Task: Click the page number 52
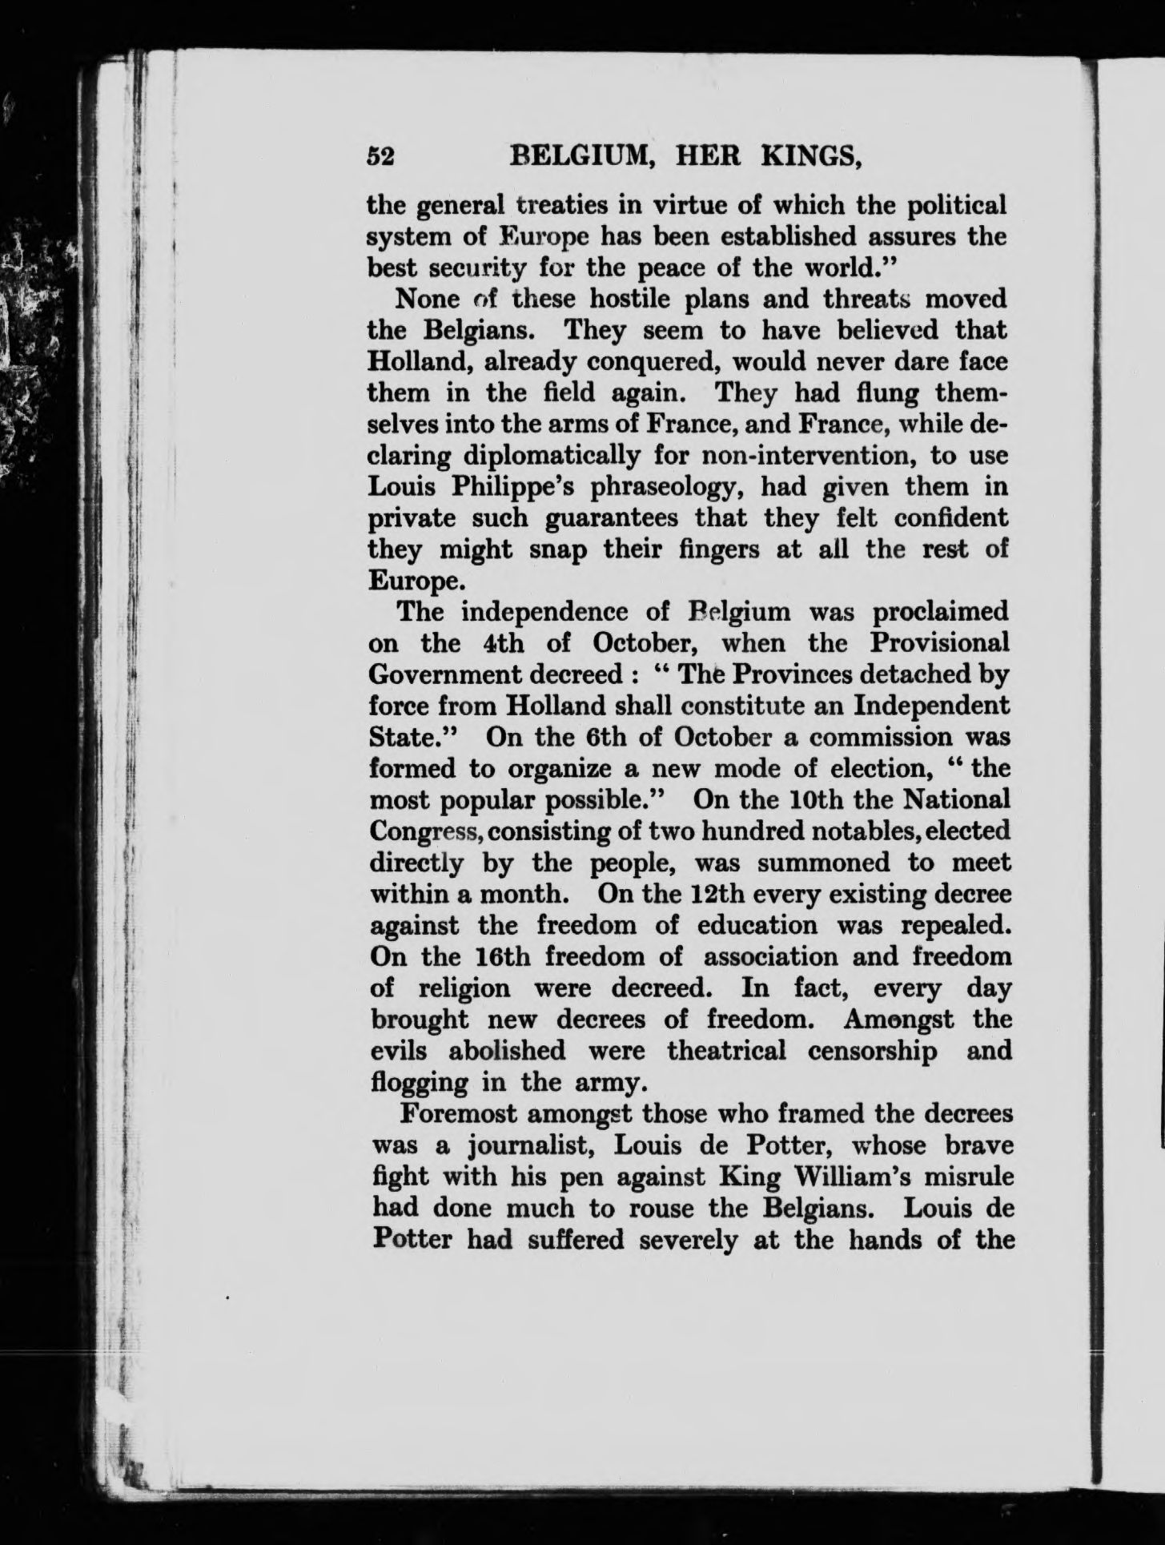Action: [381, 157]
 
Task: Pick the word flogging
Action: [420, 1084]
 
